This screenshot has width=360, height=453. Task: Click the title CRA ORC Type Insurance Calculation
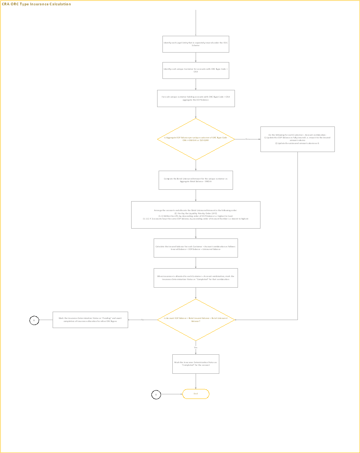[x=37, y=4]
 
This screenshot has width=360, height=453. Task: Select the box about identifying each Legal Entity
[x=196, y=44]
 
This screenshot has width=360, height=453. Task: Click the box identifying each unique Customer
[x=196, y=70]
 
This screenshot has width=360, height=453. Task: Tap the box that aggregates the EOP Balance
[x=196, y=98]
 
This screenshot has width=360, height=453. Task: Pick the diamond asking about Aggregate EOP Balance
[x=196, y=139]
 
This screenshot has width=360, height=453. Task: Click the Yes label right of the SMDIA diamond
[x=247, y=139]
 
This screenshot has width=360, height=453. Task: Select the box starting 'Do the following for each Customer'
[x=297, y=139]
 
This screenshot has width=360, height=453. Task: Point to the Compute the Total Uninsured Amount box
[x=196, y=180]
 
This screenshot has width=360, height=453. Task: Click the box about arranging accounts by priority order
[x=196, y=214]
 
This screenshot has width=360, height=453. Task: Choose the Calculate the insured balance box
[x=196, y=248]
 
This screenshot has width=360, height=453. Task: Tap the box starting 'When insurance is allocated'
[x=196, y=278]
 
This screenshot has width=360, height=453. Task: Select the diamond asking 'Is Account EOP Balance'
[x=196, y=320]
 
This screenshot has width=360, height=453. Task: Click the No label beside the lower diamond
[x=142, y=320]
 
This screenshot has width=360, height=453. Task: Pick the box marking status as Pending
[x=90, y=320]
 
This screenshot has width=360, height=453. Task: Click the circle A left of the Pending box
[x=34, y=320]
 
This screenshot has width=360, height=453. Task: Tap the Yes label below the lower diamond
[x=196, y=347]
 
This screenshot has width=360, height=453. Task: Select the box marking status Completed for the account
[x=196, y=364]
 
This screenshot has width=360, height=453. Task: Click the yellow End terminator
[x=196, y=394]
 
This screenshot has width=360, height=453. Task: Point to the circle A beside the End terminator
[x=156, y=395]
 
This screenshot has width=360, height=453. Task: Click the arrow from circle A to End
[x=172, y=394]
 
